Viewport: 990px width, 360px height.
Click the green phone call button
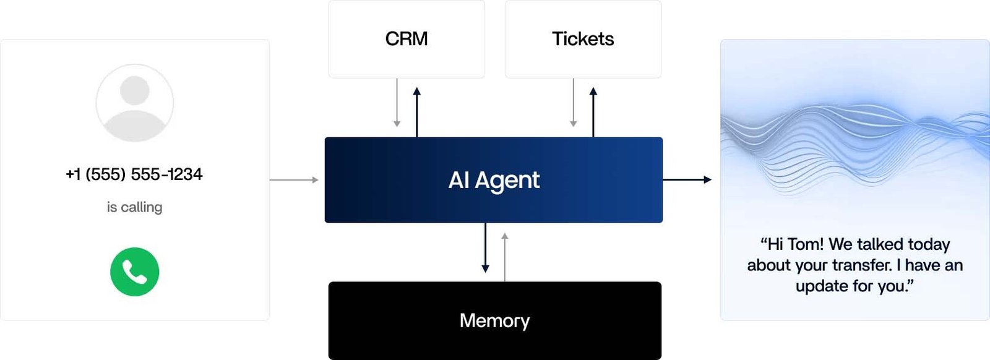[x=134, y=272]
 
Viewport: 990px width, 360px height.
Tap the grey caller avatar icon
[x=134, y=103]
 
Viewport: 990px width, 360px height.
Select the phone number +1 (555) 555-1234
[x=134, y=174]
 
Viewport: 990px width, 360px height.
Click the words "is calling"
[x=134, y=207]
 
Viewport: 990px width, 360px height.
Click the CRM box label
[x=407, y=39]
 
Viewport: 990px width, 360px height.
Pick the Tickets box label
[x=583, y=39]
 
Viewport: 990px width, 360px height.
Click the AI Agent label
[x=494, y=180]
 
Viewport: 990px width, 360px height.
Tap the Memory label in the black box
[x=494, y=320]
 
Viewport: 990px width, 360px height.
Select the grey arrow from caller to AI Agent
[x=294, y=180]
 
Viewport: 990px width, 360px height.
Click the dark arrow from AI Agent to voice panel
[x=687, y=179]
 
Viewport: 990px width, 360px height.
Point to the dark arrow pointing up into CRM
[x=417, y=111]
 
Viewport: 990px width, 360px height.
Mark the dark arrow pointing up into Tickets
[x=593, y=111]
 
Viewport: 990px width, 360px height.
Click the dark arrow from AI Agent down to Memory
[x=485, y=247]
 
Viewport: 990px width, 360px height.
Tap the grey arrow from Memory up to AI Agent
[x=505, y=257]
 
